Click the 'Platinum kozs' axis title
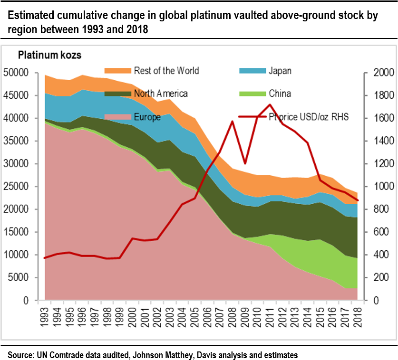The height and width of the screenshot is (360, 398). tap(49, 56)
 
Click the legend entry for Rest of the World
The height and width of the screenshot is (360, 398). tap(166, 71)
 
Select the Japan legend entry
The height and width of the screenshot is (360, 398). tap(280, 71)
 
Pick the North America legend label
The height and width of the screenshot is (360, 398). tap(161, 94)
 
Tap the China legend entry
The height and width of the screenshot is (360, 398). tap(280, 94)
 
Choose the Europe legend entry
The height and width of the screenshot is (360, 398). tap(147, 117)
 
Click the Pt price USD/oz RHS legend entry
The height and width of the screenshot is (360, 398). tap(309, 117)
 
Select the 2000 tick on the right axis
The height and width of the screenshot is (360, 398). tap(375, 73)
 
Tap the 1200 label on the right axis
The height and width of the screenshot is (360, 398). tap(375, 164)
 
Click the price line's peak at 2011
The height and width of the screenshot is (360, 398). tap(270, 104)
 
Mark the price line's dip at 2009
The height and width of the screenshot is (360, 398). tap(245, 163)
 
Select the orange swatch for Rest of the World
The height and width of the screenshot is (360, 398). tap(117, 71)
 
